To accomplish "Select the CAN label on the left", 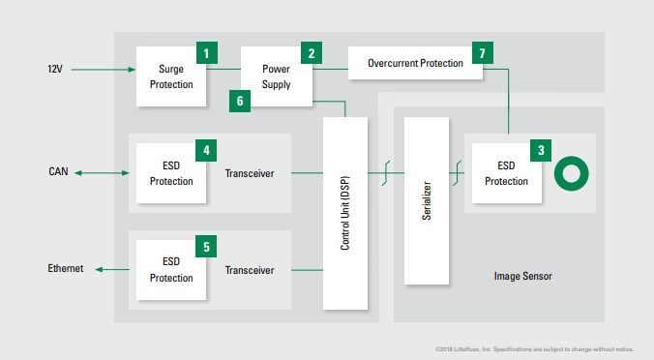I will pyautogui.click(x=59, y=173).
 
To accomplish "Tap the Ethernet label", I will pyautogui.click(x=66, y=268).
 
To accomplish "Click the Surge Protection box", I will pyautogui.click(x=170, y=76).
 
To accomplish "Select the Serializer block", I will pyautogui.click(x=427, y=200).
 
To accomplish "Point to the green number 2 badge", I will pyautogui.click(x=312, y=53).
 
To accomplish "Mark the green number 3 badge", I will pyautogui.click(x=540, y=150).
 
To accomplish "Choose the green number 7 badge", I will pyautogui.click(x=481, y=51).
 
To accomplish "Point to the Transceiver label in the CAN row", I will pyautogui.click(x=250, y=174).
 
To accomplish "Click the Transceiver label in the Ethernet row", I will pyautogui.click(x=250, y=270).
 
